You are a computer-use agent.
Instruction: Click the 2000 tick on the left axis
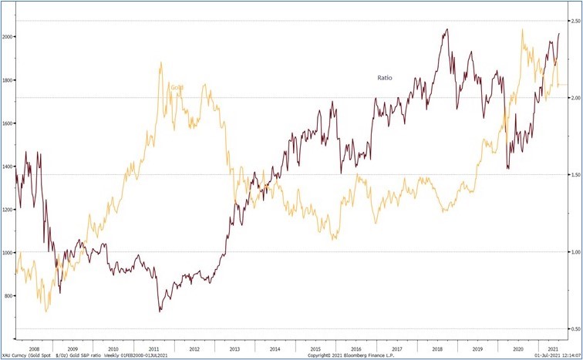pyautogui.click(x=8, y=36)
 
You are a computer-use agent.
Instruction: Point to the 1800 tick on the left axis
pyautogui.click(x=8, y=79)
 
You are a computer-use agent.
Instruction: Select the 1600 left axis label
pyautogui.click(x=8, y=123)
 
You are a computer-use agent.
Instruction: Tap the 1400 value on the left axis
pyautogui.click(x=8, y=166)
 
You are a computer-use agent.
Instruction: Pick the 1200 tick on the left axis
pyautogui.click(x=8, y=209)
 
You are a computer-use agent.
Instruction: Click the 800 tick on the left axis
pyautogui.click(x=8, y=295)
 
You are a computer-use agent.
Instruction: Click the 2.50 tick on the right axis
pyautogui.click(x=574, y=21)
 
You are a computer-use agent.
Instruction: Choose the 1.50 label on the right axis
pyautogui.click(x=574, y=175)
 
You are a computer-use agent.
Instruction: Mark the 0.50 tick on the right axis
pyautogui.click(x=574, y=329)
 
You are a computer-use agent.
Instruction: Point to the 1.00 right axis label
pyautogui.click(x=574, y=252)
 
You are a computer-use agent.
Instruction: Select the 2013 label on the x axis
pyautogui.click(x=234, y=348)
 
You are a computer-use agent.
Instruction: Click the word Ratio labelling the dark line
pyautogui.click(x=386, y=78)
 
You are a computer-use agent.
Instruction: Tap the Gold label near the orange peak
pyautogui.click(x=177, y=87)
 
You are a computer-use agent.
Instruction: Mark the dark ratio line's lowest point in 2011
pyautogui.click(x=160, y=311)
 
